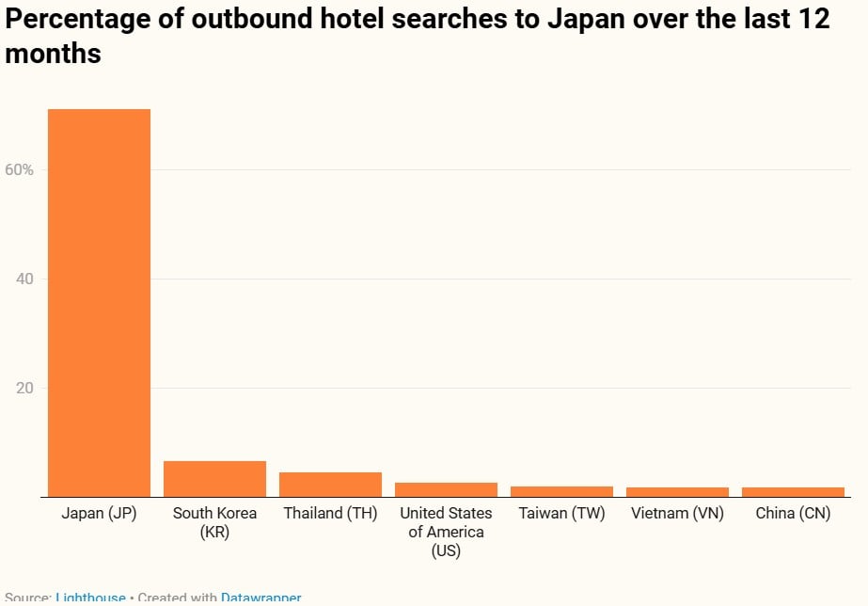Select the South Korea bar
click(x=214, y=479)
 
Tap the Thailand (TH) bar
click(x=330, y=485)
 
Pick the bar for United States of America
click(x=446, y=489)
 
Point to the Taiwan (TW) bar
click(x=561, y=491)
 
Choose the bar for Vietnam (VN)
click(x=677, y=492)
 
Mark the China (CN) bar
click(x=793, y=492)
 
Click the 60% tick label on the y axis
click(x=19, y=170)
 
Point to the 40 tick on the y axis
click(x=24, y=279)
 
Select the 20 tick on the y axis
click(x=24, y=389)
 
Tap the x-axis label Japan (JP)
click(x=99, y=514)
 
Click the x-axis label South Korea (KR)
click(x=214, y=522)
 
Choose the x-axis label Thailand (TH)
click(x=330, y=514)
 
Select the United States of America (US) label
click(x=446, y=532)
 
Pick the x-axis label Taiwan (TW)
click(x=561, y=514)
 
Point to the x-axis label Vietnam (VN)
click(x=677, y=514)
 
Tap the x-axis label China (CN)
click(x=793, y=514)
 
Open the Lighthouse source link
click(x=90, y=598)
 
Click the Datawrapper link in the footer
click(x=261, y=598)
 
